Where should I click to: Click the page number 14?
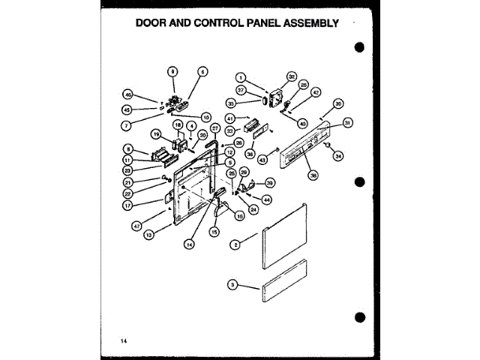coord(122,342)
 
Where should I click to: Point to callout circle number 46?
coord(128,95)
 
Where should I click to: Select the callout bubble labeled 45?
coord(128,109)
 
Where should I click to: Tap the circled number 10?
coord(205,118)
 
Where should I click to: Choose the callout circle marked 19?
coord(156,134)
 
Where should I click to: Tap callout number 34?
coord(338,156)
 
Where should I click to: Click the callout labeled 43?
coord(262,160)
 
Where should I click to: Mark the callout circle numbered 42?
coord(316,92)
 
